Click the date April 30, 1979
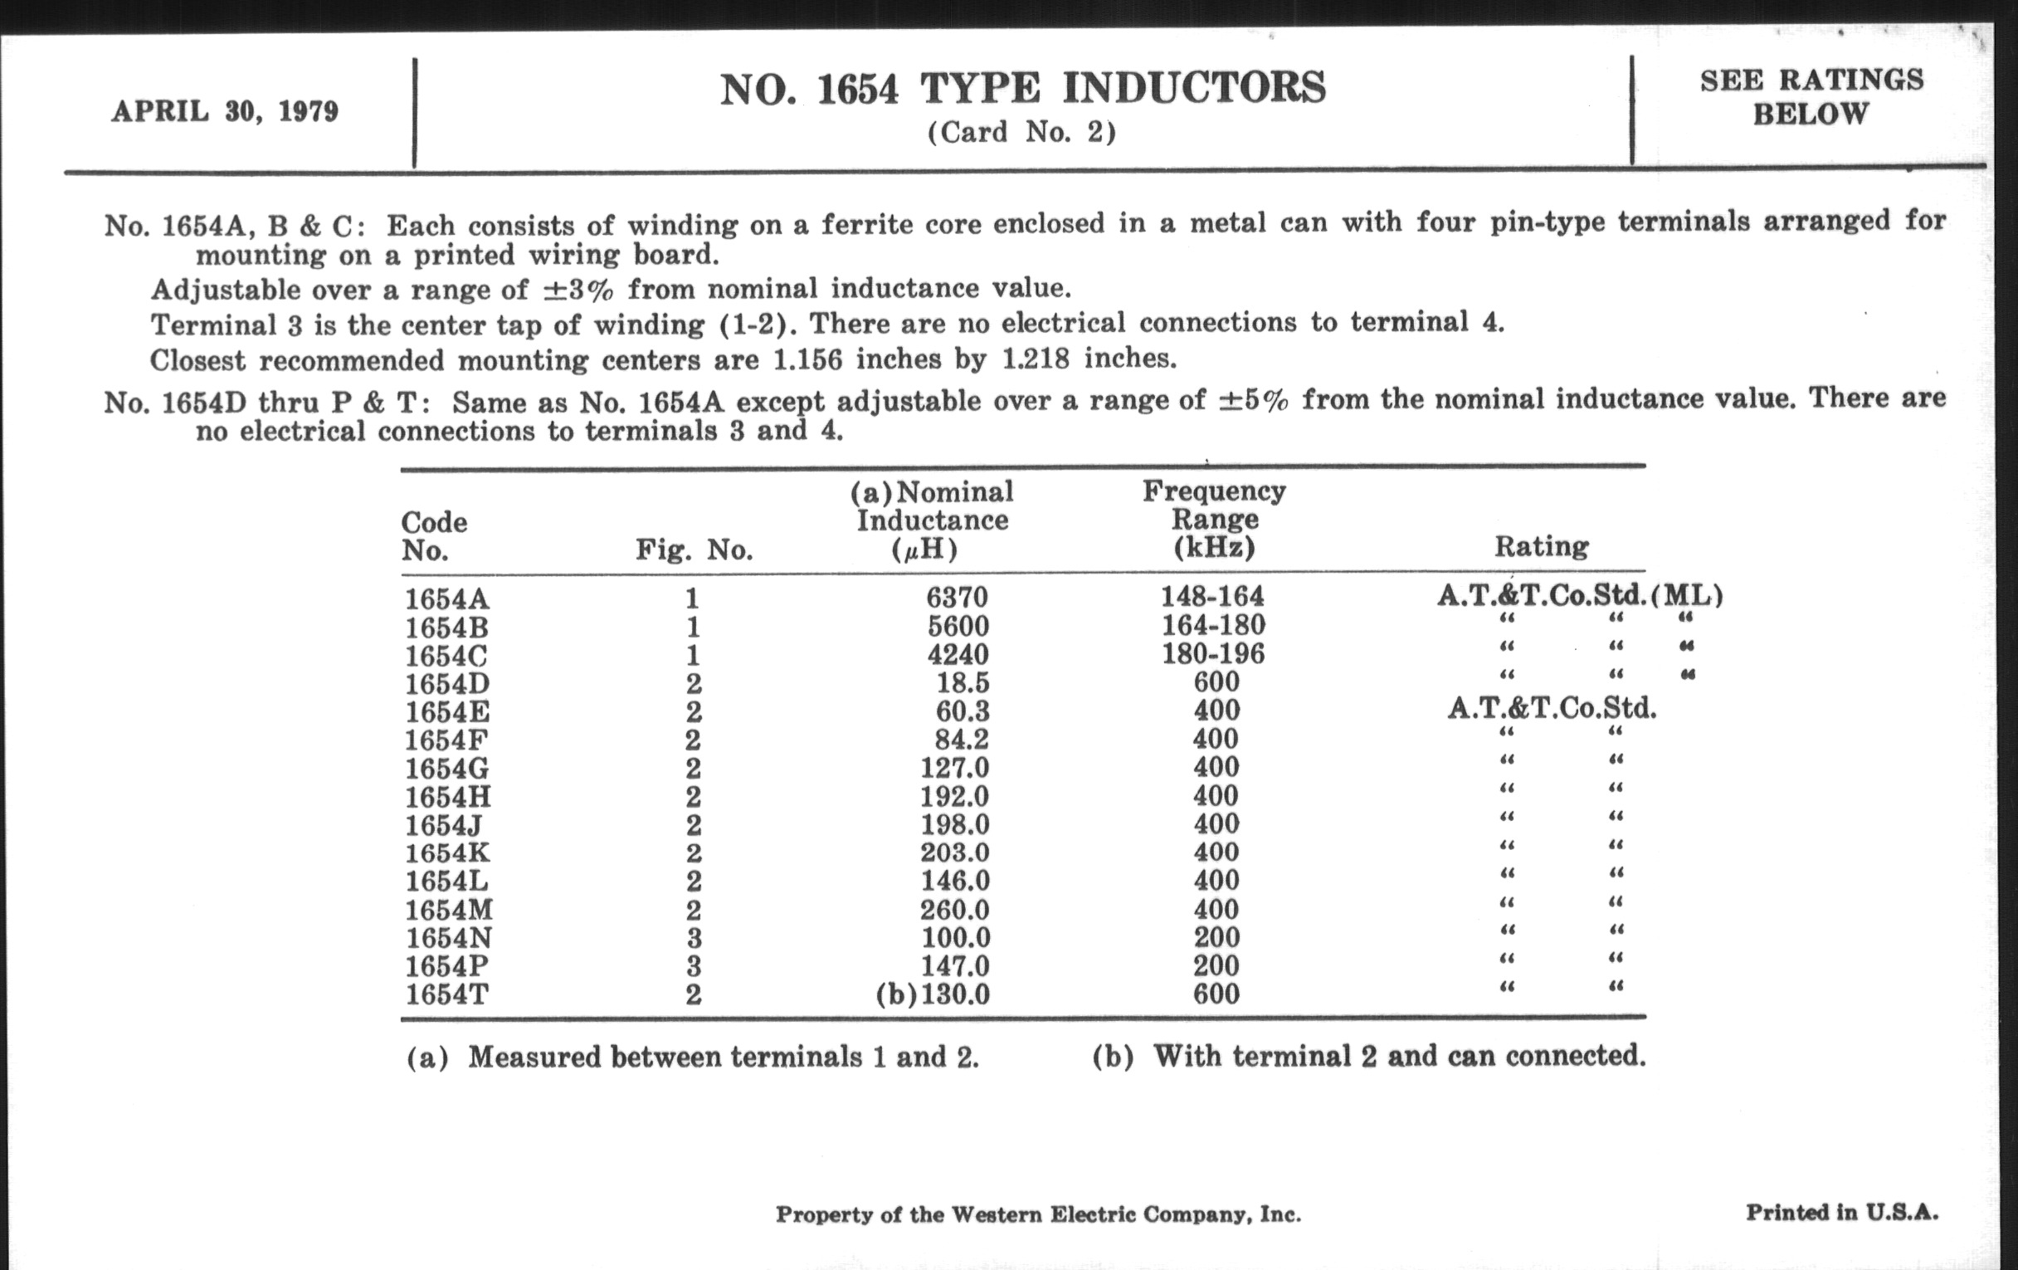tap(225, 111)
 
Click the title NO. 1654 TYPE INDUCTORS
tap(1022, 89)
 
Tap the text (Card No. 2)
tap(1021, 133)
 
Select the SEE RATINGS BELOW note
tap(1811, 96)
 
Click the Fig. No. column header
tap(694, 550)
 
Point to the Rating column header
tap(1541, 546)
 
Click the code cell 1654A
tap(446, 598)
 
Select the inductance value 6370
tap(957, 597)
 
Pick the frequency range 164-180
tap(1212, 624)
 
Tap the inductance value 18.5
tap(962, 681)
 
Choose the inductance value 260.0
tap(954, 910)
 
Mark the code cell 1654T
tap(446, 994)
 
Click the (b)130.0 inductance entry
tap(933, 994)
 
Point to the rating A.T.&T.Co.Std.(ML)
tap(1580, 595)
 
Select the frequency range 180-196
tap(1212, 653)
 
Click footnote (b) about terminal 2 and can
tap(1368, 1055)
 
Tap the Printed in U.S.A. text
tap(1842, 1212)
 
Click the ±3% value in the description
tap(579, 289)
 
